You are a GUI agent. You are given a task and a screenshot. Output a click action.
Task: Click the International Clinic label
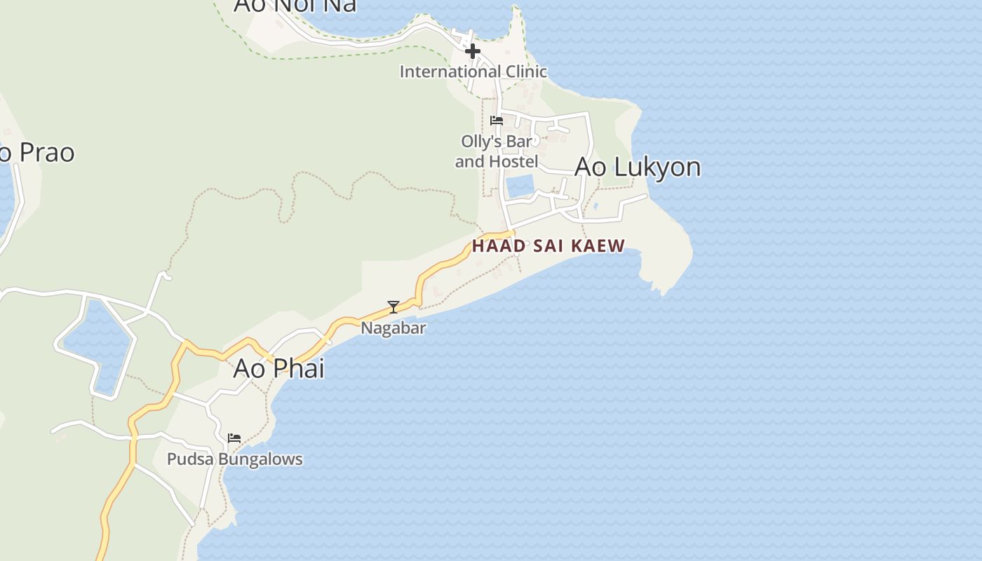[473, 72]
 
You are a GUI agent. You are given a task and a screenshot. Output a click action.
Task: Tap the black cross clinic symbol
[473, 50]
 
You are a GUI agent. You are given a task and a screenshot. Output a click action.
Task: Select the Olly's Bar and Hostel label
[497, 151]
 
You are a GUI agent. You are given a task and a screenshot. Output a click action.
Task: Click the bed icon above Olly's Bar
[497, 120]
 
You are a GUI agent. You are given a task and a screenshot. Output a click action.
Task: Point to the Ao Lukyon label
[638, 167]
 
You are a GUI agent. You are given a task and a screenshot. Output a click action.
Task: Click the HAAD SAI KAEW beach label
[548, 246]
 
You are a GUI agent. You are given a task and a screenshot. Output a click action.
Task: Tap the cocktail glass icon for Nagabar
[394, 306]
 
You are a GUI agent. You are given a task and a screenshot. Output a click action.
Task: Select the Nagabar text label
[394, 327]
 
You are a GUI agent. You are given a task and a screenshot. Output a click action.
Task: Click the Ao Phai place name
[278, 367]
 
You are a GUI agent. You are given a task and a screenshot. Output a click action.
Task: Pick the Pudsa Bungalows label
[234, 459]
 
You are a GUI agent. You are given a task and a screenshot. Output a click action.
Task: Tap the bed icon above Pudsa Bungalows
[234, 438]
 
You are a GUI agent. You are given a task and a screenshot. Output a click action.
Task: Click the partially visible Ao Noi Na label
[295, 6]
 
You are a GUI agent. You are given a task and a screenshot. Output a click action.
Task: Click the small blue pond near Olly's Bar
[519, 186]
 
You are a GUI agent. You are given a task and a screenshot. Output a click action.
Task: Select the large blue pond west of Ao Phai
[97, 344]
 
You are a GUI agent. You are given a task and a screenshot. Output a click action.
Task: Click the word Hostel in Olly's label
[512, 161]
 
